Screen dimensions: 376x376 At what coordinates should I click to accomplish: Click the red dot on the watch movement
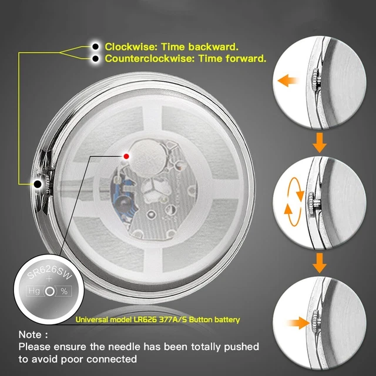(126, 156)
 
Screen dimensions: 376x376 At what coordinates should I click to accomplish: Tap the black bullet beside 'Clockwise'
(95, 46)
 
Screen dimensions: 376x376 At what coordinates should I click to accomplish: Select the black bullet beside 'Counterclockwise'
(95, 58)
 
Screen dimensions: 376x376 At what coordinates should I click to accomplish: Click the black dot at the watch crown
(38, 184)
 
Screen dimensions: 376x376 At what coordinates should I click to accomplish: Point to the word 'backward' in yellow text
(213, 47)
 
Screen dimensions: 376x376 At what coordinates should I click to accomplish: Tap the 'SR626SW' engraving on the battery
(49, 273)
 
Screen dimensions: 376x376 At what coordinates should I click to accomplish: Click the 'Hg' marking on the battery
(34, 291)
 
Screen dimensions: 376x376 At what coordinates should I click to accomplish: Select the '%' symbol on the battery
(64, 291)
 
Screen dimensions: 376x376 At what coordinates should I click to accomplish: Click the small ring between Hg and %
(49, 291)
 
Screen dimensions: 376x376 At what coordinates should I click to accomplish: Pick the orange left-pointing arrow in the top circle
(287, 80)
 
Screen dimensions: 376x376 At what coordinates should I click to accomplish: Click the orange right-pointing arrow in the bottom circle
(298, 323)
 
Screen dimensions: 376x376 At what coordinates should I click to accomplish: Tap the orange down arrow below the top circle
(320, 142)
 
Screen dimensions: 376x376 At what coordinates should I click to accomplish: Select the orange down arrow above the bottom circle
(320, 263)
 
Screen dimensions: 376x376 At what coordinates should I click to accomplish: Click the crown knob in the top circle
(315, 80)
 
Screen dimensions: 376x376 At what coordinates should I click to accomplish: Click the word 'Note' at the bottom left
(30, 334)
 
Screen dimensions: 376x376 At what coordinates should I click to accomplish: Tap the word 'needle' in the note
(124, 347)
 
